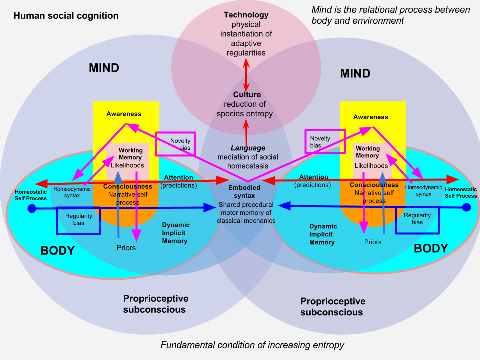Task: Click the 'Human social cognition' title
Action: (66, 16)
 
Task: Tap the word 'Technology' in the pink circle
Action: (245, 15)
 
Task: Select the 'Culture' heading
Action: (247, 95)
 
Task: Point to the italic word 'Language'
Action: (248, 148)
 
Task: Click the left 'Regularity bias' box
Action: (78, 220)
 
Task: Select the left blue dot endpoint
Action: (32, 207)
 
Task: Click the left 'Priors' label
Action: (126, 247)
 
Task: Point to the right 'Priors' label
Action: (372, 242)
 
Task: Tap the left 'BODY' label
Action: (57, 250)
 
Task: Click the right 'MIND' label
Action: (355, 74)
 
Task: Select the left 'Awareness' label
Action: (124, 114)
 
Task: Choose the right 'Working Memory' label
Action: (367, 152)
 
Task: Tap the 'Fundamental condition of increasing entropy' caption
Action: (252, 345)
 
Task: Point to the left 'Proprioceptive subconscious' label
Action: (156, 304)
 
